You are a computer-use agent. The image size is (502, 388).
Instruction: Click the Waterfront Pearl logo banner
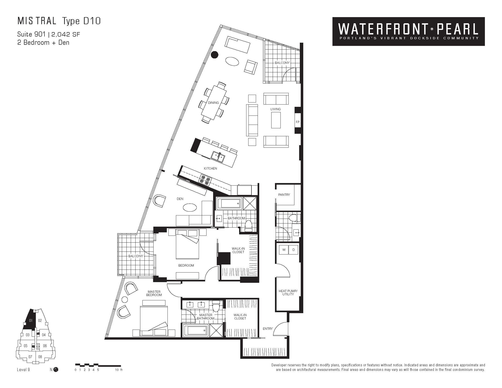(x=408, y=31)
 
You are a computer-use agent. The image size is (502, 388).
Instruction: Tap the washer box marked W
(x=284, y=250)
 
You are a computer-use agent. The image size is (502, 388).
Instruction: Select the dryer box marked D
(x=293, y=250)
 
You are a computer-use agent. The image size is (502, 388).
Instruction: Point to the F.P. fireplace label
(x=298, y=122)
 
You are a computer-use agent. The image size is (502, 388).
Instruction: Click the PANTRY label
(x=284, y=195)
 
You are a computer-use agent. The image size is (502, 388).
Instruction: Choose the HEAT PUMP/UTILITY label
(x=288, y=293)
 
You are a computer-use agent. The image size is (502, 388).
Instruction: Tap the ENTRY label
(x=268, y=329)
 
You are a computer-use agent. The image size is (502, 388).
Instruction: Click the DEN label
(x=180, y=199)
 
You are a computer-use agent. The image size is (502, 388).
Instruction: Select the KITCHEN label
(x=210, y=168)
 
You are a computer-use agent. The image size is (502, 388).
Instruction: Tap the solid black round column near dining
(x=215, y=55)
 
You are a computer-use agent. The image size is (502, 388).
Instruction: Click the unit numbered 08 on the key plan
(x=40, y=357)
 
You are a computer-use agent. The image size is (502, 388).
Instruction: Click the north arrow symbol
(x=56, y=370)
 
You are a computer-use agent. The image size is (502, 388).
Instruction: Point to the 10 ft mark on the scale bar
(x=119, y=370)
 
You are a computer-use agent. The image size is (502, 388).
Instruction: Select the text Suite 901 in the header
(x=31, y=34)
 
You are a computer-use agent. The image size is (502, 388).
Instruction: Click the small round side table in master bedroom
(x=125, y=300)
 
